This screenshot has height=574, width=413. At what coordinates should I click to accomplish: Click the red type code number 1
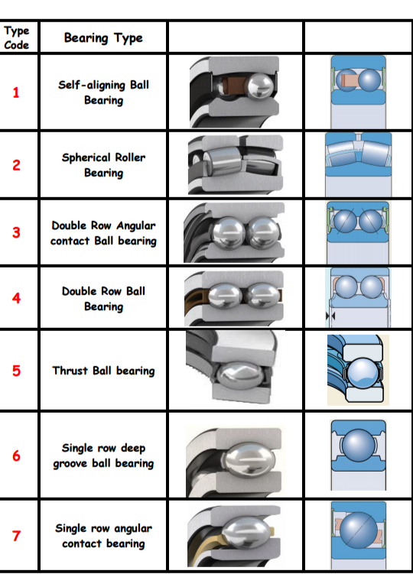click(16, 92)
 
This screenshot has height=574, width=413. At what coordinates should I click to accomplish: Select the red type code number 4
click(16, 298)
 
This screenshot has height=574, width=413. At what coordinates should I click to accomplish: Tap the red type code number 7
click(17, 536)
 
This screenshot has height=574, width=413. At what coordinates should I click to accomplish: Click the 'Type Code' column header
click(17, 37)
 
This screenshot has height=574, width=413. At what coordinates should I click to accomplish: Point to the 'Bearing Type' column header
click(103, 37)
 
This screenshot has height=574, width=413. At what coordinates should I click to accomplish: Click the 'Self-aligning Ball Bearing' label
click(104, 92)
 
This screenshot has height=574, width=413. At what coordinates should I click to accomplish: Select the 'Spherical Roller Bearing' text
click(104, 165)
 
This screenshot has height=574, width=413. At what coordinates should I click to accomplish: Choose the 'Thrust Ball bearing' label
click(104, 371)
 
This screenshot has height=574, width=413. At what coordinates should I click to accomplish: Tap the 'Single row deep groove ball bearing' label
click(104, 456)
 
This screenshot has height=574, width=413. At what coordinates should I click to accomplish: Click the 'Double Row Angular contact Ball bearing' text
click(104, 233)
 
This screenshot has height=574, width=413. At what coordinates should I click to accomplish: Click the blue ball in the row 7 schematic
click(359, 530)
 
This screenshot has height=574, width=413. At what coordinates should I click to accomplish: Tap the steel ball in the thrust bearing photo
click(240, 376)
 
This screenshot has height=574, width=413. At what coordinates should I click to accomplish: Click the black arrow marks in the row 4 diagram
click(330, 316)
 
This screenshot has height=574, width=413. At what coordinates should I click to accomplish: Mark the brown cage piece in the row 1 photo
click(231, 87)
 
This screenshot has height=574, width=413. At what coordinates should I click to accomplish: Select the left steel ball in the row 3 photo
click(227, 233)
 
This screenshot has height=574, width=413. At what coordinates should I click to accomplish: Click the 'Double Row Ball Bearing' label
click(104, 298)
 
